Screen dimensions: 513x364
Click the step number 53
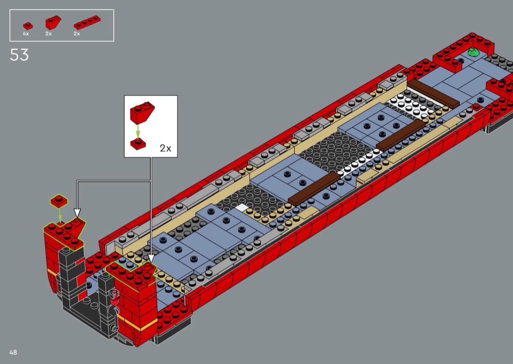[x=20, y=55]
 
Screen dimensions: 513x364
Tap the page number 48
[x=13, y=352]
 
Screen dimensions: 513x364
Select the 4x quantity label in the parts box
[x=26, y=34]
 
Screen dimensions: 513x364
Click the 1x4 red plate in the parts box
[x=87, y=22]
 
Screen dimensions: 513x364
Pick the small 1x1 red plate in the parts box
[x=28, y=26]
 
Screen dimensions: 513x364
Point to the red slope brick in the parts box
[x=53, y=22]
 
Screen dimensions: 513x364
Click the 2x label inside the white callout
[x=166, y=148]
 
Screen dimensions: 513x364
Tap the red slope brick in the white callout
[x=142, y=111]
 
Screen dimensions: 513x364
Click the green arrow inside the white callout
[x=138, y=131]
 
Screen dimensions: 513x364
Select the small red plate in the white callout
[x=138, y=144]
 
